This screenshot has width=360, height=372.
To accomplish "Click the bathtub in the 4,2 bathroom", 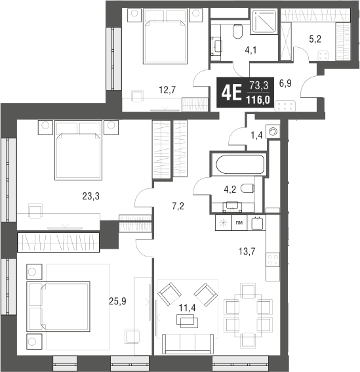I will (x=237, y=163).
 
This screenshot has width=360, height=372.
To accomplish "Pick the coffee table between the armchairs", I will (x=188, y=321).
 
